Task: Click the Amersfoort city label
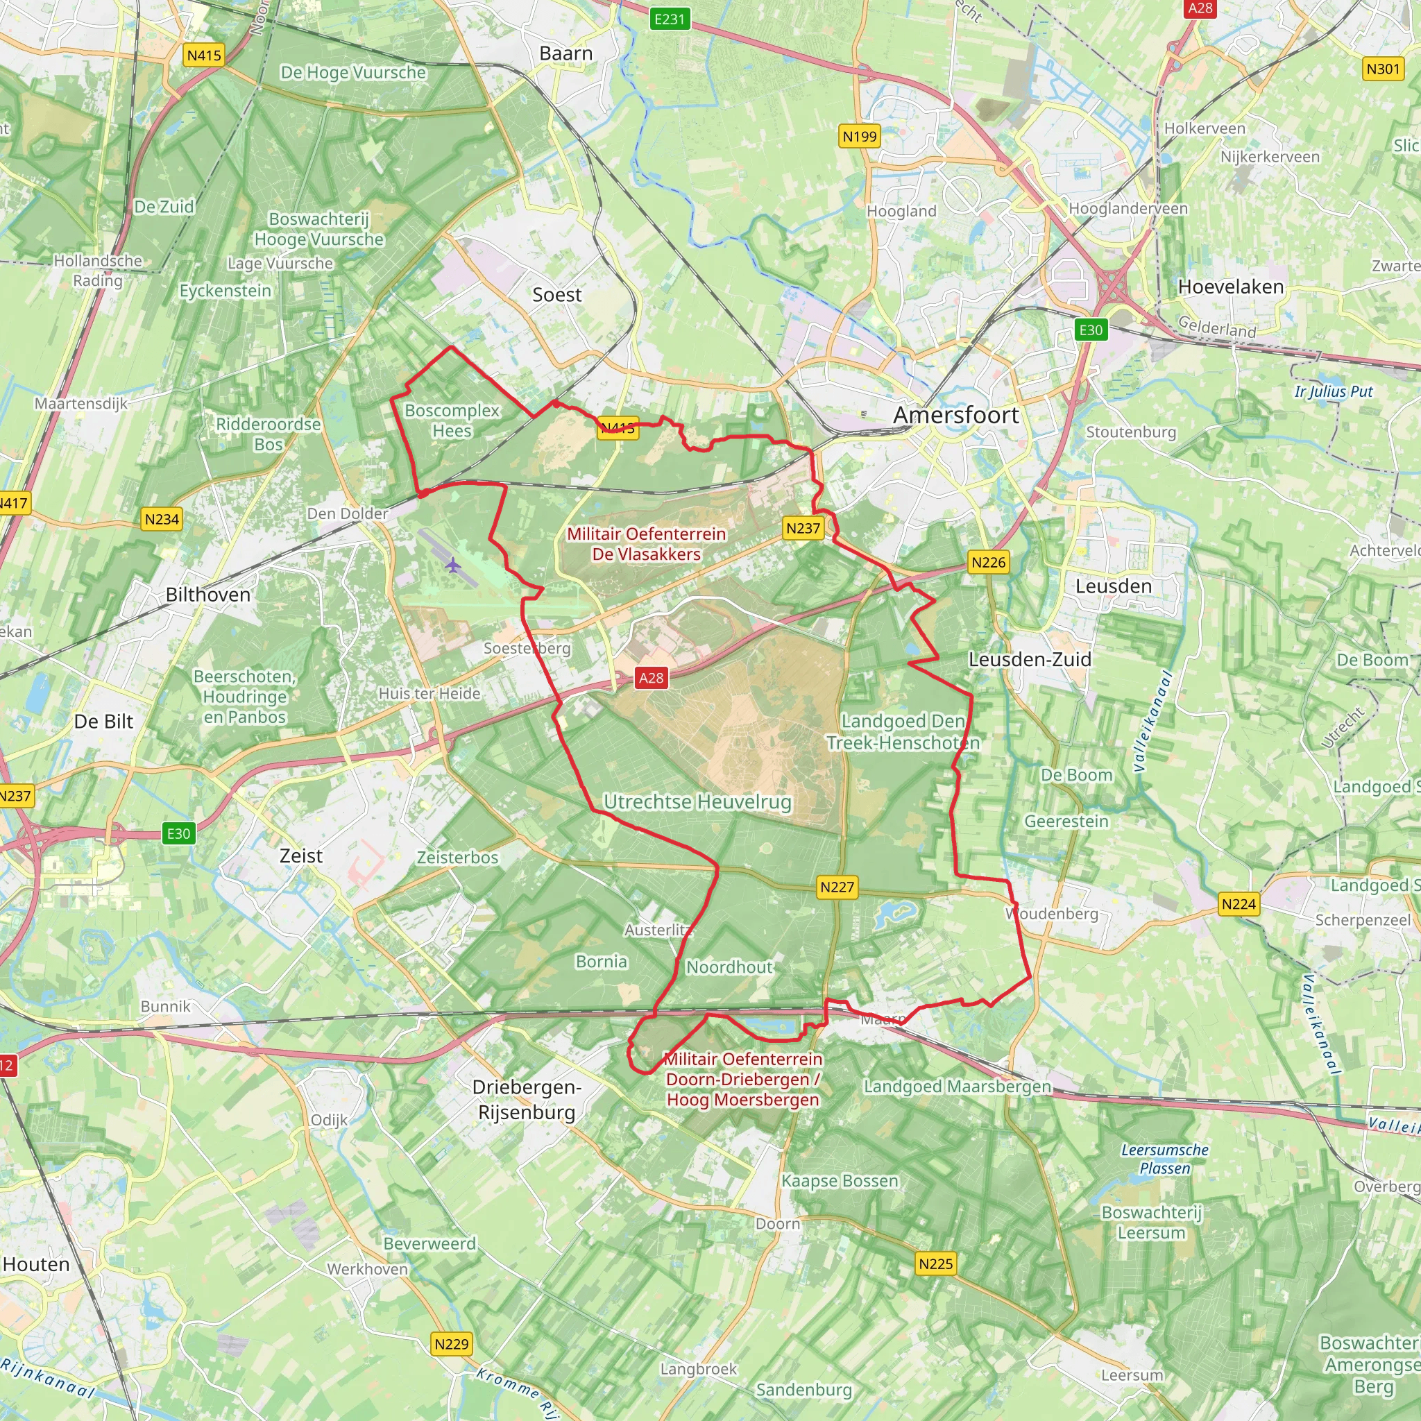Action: tap(955, 415)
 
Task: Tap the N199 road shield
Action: tap(859, 136)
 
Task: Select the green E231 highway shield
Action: tap(670, 19)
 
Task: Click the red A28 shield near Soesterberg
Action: tap(651, 678)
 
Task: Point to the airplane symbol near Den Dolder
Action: tap(453, 565)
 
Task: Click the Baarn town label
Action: tap(565, 53)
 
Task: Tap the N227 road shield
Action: tap(837, 887)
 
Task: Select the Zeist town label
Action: tap(301, 856)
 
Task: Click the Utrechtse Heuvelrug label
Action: tap(697, 801)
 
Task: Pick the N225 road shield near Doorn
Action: tap(935, 1263)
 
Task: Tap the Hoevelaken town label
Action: tap(1230, 287)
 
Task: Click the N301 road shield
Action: tap(1383, 69)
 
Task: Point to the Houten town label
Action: tap(36, 1264)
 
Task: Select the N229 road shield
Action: tap(452, 1344)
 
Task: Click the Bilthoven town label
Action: tap(208, 595)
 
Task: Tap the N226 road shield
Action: tap(988, 563)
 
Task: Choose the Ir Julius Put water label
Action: tap(1334, 391)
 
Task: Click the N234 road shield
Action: tap(162, 519)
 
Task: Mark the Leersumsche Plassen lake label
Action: tap(1165, 1159)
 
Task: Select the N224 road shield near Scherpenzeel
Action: tap(1239, 904)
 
